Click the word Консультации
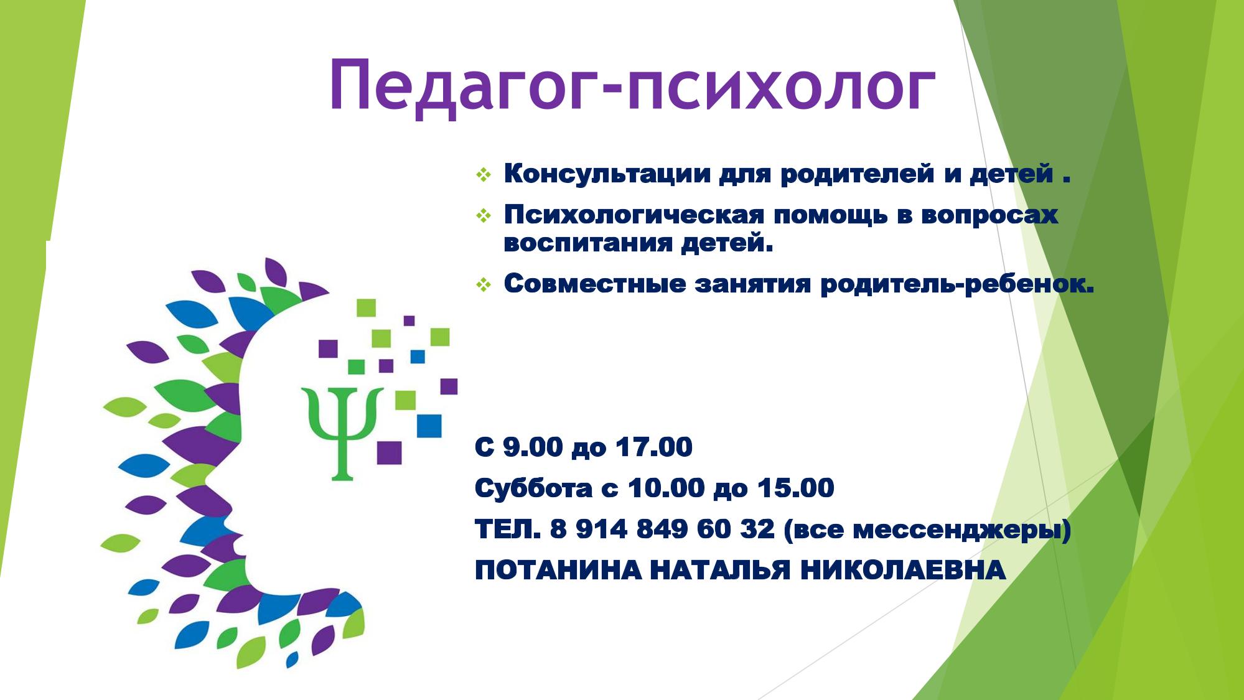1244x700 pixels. click(x=607, y=174)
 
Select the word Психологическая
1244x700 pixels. click(x=634, y=215)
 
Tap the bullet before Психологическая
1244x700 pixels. click(x=484, y=215)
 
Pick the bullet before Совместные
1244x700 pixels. click(x=484, y=284)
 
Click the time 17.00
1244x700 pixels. click(x=653, y=447)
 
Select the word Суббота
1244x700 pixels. click(x=533, y=488)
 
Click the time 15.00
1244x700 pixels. click(x=795, y=488)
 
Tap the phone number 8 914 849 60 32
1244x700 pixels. click(x=662, y=530)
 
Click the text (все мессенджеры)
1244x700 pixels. click(x=927, y=530)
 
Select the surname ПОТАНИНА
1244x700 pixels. click(x=558, y=570)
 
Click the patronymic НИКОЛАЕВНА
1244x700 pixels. click(x=902, y=570)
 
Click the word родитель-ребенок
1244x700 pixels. click(x=957, y=284)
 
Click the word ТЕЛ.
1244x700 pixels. click(x=508, y=530)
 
